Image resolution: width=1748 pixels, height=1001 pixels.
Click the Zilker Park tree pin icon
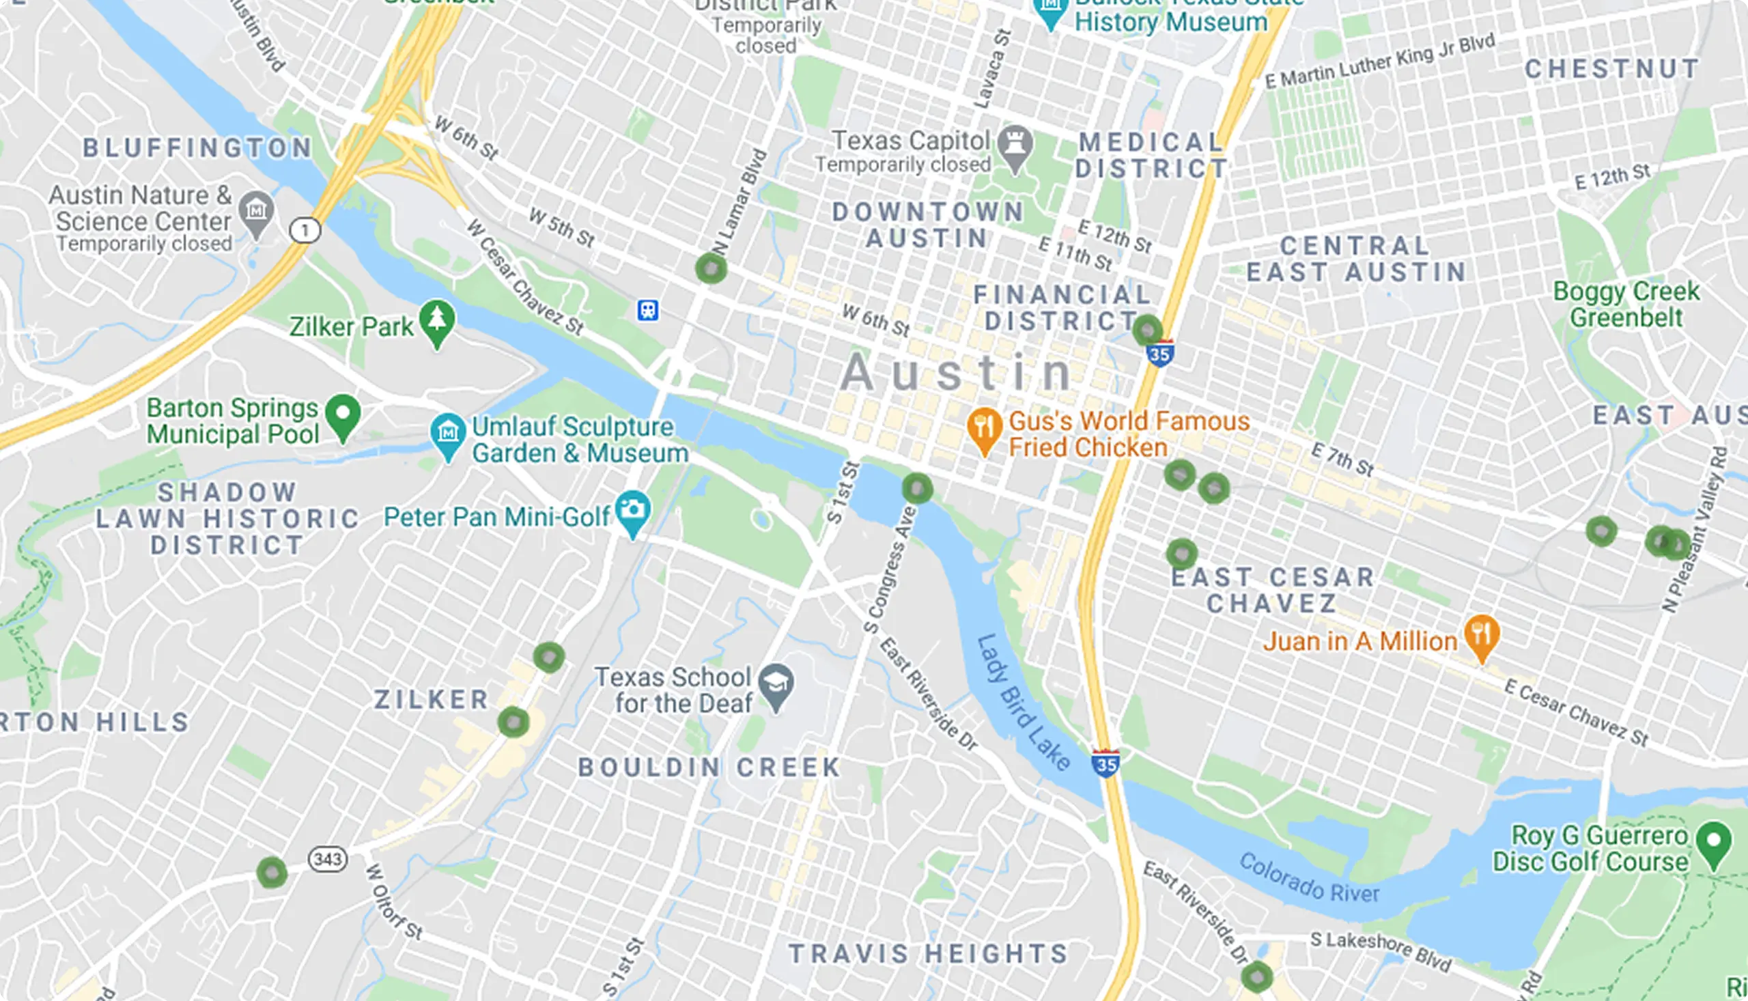[x=436, y=321]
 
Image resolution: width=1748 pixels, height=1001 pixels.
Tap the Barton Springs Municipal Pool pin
[x=343, y=414]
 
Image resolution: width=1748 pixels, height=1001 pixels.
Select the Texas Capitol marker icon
[x=1015, y=145]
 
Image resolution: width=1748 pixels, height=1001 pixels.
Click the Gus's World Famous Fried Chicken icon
[x=984, y=428]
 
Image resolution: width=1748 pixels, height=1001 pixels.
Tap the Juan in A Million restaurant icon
[x=1481, y=635]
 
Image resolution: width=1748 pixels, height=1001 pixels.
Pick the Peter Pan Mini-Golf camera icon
[x=632, y=511]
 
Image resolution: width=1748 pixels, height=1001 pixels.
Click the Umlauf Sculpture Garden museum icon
[x=448, y=433]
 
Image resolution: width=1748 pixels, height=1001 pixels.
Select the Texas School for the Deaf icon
[x=776, y=684]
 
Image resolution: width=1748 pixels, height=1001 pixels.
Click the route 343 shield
[x=327, y=859]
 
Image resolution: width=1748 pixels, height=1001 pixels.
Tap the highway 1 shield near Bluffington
[x=305, y=229]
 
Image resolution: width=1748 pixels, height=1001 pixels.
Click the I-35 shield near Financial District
[x=1159, y=354]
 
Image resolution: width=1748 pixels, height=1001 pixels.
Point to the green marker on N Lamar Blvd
[x=711, y=268]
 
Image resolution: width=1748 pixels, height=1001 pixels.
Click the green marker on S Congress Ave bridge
[x=917, y=489]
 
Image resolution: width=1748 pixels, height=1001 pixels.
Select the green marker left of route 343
[x=272, y=873]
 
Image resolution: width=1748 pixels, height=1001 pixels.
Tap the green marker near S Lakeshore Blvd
[x=1256, y=977]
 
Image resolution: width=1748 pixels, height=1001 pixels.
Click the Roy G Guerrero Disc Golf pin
[x=1714, y=841]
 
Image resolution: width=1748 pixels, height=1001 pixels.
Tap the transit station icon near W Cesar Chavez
[x=647, y=310]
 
